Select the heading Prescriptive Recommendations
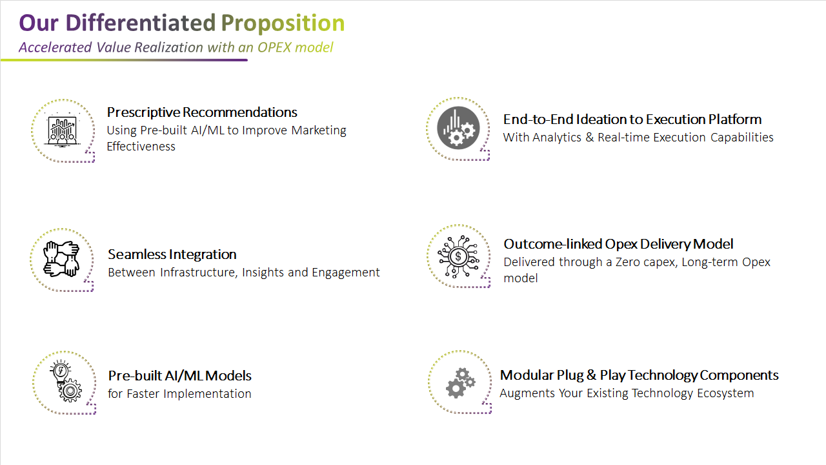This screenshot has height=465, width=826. [x=202, y=112]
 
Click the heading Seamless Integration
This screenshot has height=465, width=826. [x=172, y=254]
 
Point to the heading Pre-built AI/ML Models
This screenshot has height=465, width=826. [x=179, y=376]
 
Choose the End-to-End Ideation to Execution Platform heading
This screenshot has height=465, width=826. [x=632, y=119]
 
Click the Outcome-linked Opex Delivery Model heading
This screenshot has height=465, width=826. [x=618, y=244]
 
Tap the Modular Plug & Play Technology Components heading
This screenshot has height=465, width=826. [x=639, y=375]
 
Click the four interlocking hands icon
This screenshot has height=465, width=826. [x=61, y=259]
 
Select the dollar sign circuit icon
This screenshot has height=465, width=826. [x=458, y=256]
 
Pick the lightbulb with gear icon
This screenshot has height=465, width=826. [x=66, y=381]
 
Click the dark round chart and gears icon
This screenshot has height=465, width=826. [x=458, y=128]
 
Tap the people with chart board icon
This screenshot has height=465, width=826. [x=63, y=130]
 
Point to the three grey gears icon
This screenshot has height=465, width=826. [x=461, y=383]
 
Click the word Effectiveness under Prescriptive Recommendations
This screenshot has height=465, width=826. [x=141, y=147]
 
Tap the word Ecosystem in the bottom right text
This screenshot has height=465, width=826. [x=725, y=393]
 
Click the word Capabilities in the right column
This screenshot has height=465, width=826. [x=742, y=138]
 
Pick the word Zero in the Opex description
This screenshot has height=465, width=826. [x=628, y=262]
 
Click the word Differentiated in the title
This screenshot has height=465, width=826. [x=141, y=23]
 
